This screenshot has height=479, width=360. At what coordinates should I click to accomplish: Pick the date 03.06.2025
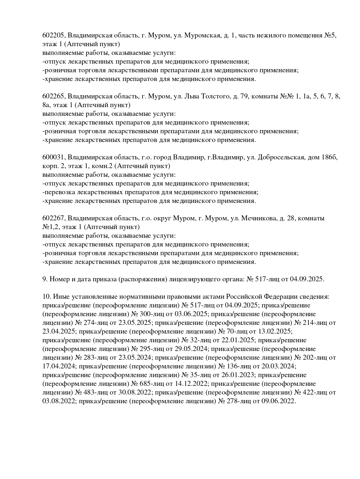click(x=191, y=314)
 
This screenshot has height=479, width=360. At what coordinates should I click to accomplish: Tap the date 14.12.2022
click(x=192, y=384)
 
